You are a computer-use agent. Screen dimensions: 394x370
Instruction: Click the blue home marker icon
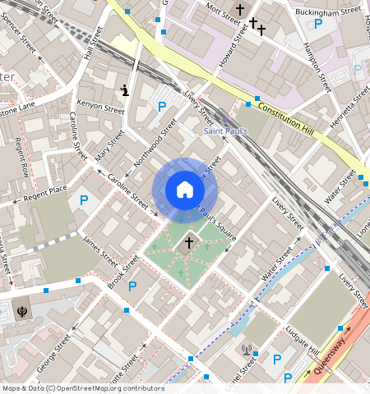point(185,190)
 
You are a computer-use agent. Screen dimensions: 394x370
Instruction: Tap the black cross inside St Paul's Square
point(189,242)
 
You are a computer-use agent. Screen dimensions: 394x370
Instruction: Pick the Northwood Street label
point(155,140)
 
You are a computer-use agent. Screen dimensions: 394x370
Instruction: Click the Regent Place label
point(45,192)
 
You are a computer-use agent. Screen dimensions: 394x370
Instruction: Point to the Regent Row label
point(22,158)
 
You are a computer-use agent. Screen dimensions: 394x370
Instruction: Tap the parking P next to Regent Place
point(83,199)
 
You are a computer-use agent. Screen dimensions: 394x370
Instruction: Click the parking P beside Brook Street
point(132,286)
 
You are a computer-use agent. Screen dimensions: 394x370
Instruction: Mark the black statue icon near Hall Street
point(124,90)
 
